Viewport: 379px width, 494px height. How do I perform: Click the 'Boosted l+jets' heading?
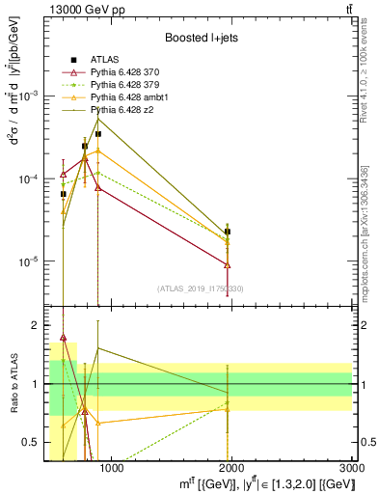tap(200, 37)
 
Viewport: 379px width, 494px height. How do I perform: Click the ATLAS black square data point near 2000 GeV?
tap(228, 232)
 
